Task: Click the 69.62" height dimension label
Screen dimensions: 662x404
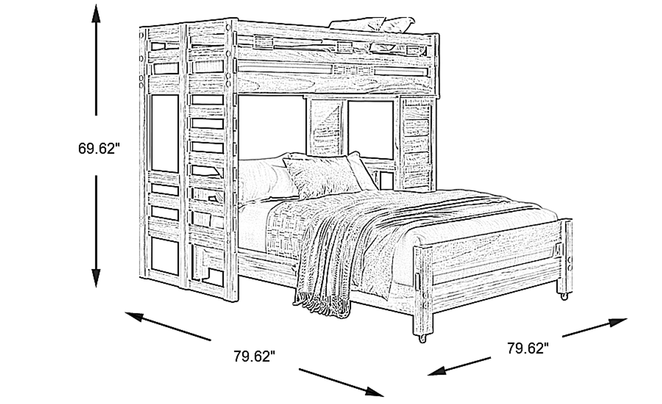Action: [99, 148]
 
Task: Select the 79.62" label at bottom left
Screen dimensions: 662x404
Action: [255, 356]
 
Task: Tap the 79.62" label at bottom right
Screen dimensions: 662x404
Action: [528, 348]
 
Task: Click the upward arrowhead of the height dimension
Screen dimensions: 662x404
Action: [96, 13]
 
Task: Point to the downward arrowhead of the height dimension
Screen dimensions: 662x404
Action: [96, 278]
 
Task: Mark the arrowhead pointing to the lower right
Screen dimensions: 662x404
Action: [374, 391]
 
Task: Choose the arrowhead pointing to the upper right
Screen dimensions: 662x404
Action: [618, 322]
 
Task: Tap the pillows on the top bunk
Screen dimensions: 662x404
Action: [372, 25]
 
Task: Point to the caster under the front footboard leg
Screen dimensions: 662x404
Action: [422, 338]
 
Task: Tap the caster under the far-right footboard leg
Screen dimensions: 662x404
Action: [564, 296]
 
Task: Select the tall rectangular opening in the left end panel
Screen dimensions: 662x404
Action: [165, 133]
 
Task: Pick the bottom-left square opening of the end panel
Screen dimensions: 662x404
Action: [165, 257]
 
